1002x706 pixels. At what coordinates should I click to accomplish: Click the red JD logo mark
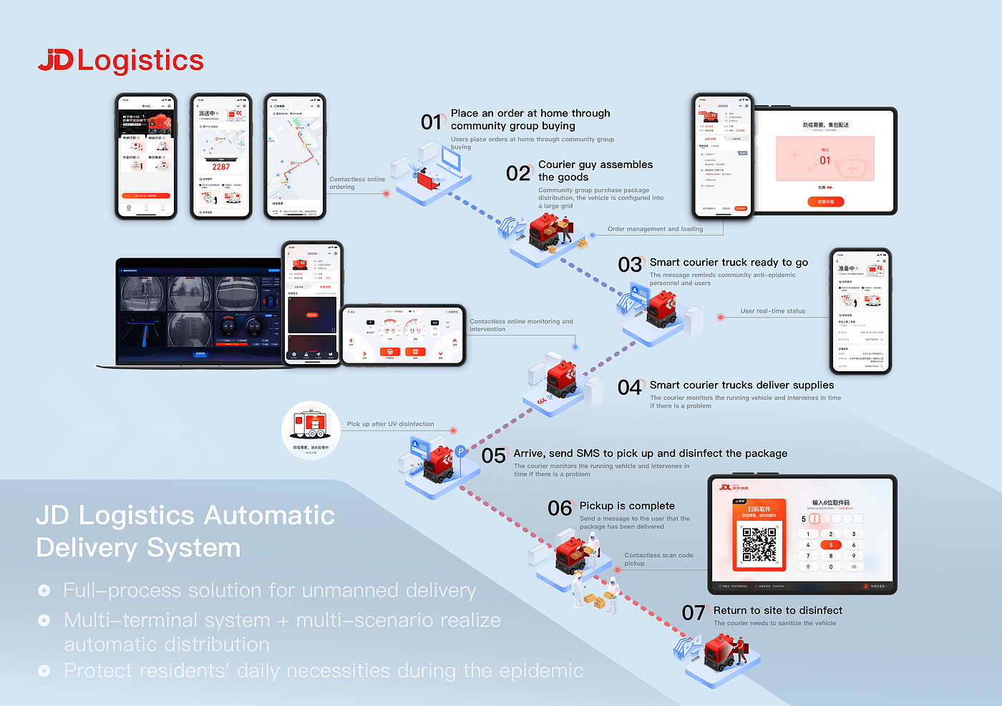55,60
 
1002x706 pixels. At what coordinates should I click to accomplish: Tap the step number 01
432,122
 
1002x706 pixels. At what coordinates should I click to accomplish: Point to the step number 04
630,388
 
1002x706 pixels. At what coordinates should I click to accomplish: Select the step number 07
693,613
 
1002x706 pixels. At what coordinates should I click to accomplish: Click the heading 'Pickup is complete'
627,506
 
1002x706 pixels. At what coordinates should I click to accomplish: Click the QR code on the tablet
759,544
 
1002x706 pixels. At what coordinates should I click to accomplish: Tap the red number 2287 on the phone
221,167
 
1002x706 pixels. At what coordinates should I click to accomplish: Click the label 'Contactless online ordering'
356,183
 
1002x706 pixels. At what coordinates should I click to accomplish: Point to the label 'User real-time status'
772,311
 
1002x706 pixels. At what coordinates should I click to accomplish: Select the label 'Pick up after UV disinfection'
390,424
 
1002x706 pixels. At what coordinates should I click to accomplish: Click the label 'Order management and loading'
655,229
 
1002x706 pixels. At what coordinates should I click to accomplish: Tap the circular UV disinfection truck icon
311,429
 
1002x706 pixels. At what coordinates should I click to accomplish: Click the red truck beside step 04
561,380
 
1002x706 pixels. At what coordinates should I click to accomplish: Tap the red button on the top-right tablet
825,202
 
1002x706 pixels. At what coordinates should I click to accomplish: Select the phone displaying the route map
294,156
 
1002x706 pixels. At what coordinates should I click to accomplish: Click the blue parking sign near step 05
461,451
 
